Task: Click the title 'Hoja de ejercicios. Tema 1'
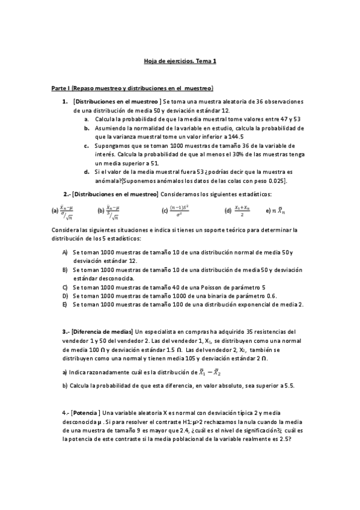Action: pos(180,61)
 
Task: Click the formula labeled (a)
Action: pos(64,210)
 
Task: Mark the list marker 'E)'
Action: pos(65,304)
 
